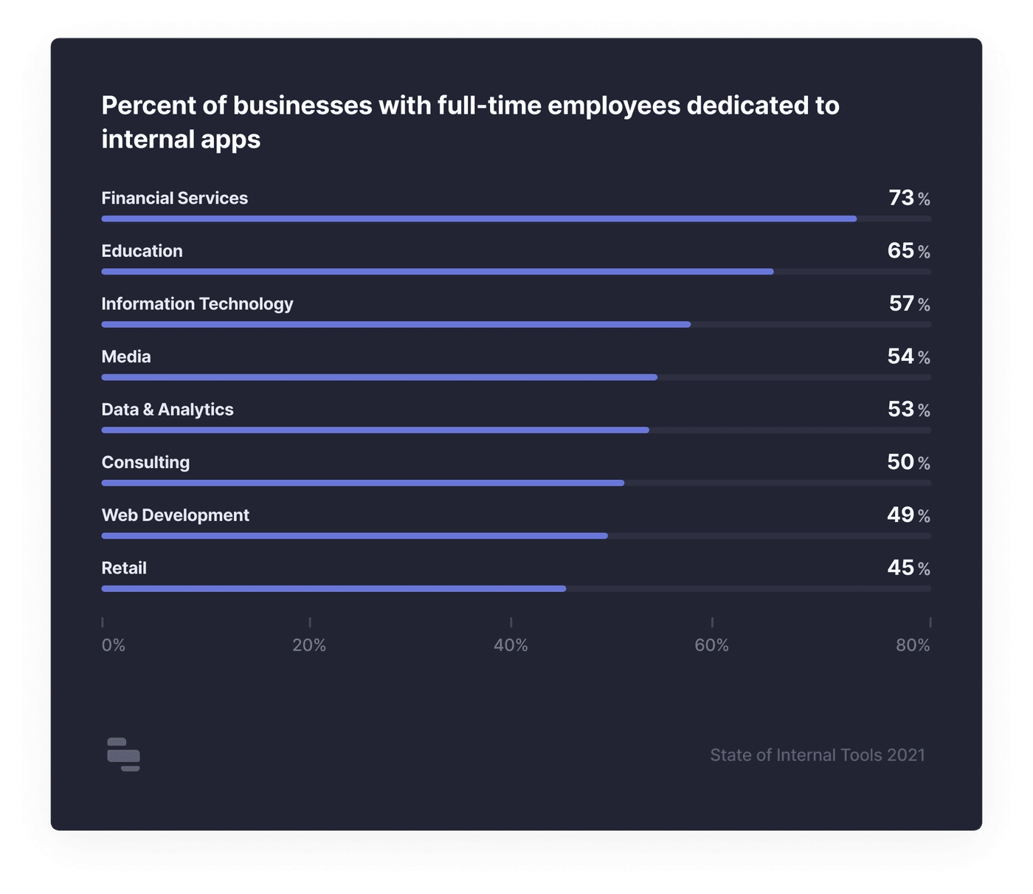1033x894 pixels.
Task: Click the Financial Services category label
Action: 174,198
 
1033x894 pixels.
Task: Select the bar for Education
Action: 438,272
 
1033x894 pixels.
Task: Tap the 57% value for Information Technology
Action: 908,303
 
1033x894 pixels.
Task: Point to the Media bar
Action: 379,377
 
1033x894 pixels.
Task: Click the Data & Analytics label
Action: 167,410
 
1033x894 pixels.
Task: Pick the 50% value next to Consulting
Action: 908,462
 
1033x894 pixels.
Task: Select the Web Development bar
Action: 354,536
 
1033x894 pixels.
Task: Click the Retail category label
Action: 124,568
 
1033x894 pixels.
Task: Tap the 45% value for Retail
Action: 908,568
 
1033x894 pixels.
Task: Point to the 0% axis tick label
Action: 114,645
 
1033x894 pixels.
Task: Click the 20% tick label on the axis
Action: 309,645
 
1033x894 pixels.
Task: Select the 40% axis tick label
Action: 511,645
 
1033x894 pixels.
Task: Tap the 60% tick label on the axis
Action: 712,645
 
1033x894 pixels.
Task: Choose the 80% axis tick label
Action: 913,645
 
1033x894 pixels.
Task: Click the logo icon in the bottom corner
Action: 123,754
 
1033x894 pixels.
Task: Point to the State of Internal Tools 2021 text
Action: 818,754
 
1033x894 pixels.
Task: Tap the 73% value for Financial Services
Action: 908,198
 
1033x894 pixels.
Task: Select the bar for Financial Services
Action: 479,219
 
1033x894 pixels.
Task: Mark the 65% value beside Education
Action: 908,251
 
